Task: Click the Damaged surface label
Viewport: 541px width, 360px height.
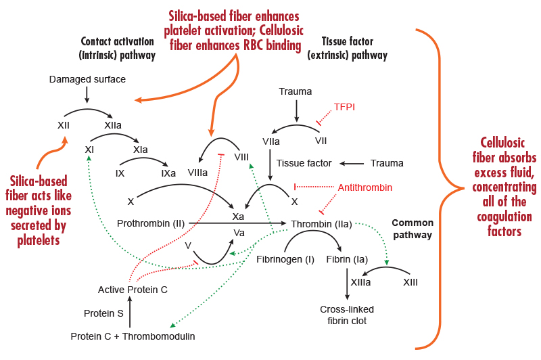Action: pos(87,80)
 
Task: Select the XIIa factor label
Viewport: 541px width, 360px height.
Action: pos(113,125)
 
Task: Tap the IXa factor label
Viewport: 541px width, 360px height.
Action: pos(168,173)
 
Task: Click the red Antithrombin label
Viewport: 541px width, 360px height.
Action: pos(365,187)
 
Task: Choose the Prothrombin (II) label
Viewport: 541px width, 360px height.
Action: pos(151,223)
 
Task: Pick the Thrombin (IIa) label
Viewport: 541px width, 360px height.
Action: pos(321,223)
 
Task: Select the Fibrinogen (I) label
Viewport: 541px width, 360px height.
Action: pos(287,259)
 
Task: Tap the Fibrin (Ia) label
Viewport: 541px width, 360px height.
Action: pos(347,259)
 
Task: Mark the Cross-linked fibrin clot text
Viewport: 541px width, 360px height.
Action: pos(347,315)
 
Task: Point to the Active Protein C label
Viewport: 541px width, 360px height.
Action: pos(133,290)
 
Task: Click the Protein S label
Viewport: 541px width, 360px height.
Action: pos(103,313)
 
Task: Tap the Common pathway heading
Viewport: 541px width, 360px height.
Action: pos(412,228)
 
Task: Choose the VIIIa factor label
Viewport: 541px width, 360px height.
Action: pos(197,173)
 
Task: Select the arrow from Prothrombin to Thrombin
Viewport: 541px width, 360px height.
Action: pos(237,223)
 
